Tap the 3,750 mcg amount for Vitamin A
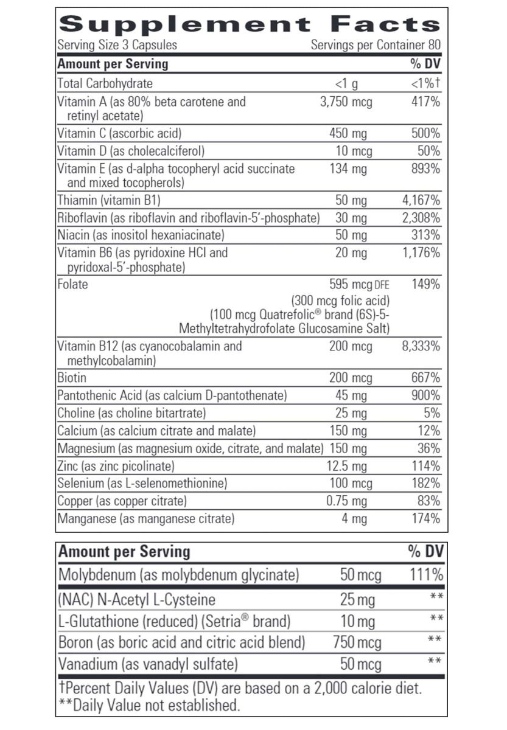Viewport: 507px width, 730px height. [346, 102]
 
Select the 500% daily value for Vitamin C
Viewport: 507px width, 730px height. [425, 133]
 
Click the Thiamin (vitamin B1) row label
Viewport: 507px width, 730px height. [109, 200]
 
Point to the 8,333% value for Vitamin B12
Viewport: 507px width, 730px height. [421, 347]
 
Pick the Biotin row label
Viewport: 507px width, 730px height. [72, 378]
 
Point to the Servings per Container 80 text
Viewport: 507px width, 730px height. [375, 45]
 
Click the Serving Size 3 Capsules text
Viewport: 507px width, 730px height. [117, 45]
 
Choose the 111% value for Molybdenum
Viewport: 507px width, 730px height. [425, 575]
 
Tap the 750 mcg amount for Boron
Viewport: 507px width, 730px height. [357, 642]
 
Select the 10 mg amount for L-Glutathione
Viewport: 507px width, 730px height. [357, 622]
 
